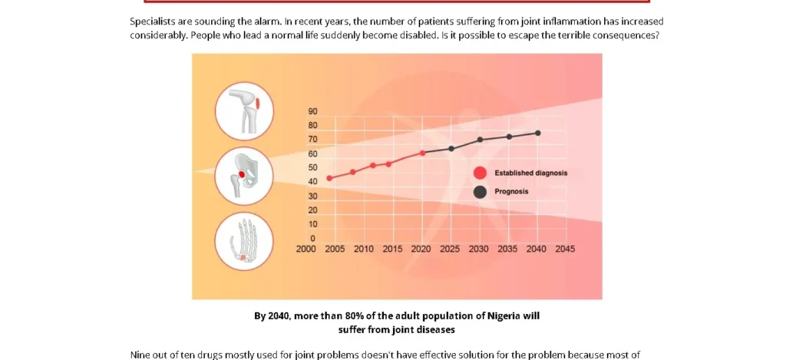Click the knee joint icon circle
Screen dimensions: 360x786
244,110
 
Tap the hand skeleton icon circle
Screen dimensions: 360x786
244,241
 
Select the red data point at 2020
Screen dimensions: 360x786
423,153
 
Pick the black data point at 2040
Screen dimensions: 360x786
537,133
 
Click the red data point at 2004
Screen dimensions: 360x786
329,178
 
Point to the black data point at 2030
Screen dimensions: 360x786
480,140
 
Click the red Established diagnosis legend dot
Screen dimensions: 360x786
480,173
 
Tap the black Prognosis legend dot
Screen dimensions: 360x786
480,192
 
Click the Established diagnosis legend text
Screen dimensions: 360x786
530,173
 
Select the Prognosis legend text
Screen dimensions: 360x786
511,192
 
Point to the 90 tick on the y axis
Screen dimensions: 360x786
312,112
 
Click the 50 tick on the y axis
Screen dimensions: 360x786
312,167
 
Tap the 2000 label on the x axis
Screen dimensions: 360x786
306,249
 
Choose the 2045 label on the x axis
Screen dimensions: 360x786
565,249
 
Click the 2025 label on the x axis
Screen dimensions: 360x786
450,249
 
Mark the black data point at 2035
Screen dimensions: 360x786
508,137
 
